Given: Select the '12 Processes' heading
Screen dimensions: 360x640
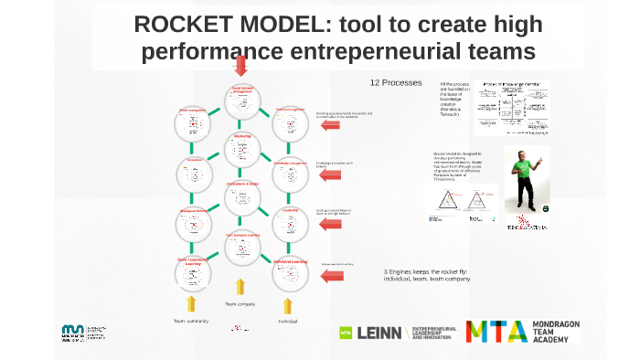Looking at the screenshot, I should [395, 82].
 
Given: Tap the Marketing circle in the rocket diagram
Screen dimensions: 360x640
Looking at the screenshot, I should [242, 147].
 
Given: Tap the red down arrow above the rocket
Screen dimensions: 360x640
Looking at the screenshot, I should [240, 64].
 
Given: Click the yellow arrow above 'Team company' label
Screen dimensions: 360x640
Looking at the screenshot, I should [240, 287].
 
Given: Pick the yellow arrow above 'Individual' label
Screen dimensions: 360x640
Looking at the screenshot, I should [287, 305].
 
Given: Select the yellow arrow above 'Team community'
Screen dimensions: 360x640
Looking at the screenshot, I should [192, 303].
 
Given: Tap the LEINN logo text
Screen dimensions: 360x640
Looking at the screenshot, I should [379, 333].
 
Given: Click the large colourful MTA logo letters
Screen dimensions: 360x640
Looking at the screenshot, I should [496, 331].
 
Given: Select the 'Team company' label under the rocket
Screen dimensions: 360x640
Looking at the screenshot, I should [240, 303].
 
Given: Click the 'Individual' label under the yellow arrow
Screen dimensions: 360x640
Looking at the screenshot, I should [287, 322].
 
